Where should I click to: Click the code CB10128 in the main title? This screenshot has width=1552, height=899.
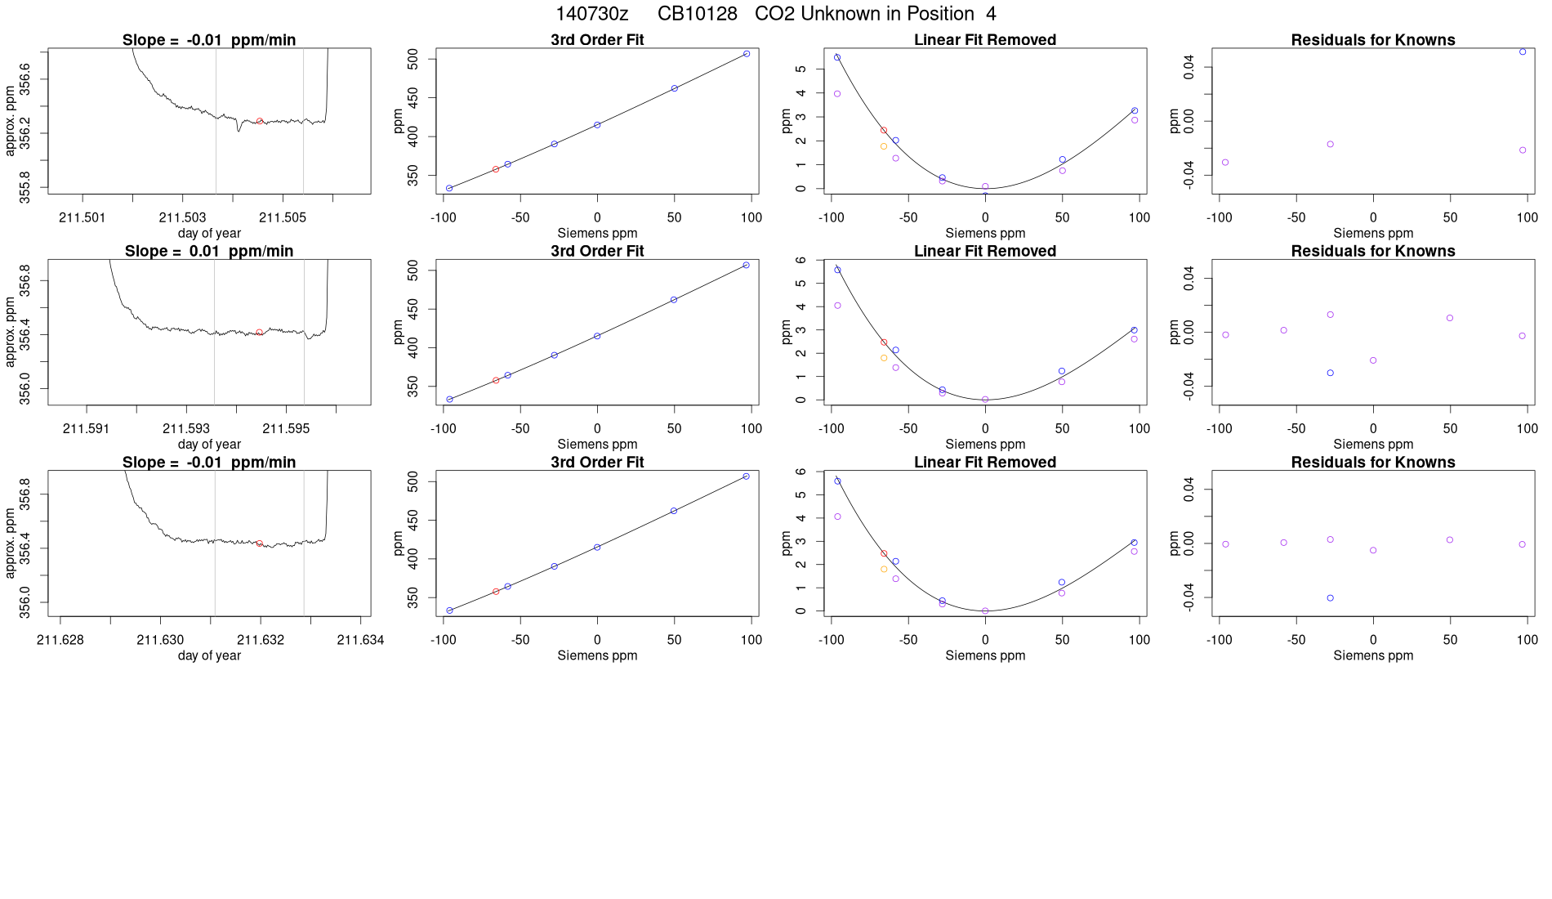click(697, 14)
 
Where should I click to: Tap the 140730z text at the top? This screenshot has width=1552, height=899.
click(591, 14)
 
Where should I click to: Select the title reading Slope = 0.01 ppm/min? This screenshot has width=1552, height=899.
click(209, 251)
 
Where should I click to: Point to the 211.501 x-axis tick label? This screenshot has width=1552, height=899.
click(83, 217)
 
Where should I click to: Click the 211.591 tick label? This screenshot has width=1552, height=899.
click(86, 428)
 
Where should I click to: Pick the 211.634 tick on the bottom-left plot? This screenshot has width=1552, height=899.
click(360, 640)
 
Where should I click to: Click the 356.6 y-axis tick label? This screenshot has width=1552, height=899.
click(25, 79)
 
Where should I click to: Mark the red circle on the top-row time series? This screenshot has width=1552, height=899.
click(260, 121)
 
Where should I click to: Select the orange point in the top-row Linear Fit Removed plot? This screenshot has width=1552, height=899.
click(884, 146)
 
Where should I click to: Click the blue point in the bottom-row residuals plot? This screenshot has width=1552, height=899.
click(1331, 598)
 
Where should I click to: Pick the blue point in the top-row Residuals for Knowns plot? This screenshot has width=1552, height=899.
click(1523, 51)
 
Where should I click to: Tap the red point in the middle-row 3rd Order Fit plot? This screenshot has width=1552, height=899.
click(496, 380)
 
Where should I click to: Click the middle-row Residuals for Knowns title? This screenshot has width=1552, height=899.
click(1373, 251)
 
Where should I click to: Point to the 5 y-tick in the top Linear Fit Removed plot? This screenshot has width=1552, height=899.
click(801, 69)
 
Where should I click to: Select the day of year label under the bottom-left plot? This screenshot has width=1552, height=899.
click(209, 655)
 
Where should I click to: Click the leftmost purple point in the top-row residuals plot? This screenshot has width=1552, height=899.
click(1225, 163)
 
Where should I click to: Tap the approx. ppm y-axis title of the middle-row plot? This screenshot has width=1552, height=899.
click(10, 332)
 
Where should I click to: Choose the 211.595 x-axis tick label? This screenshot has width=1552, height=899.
click(285, 428)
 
